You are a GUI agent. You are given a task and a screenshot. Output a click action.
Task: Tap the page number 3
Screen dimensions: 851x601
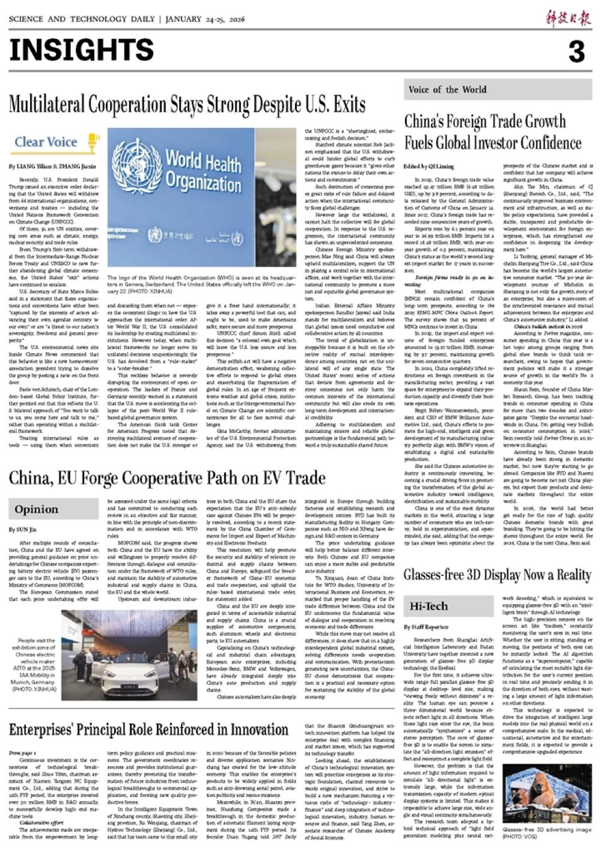pos(576,52)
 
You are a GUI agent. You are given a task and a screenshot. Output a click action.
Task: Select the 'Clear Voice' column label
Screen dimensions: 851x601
pos(46,142)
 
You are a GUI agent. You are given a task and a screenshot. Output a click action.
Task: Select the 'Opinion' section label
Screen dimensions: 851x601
pos(37,509)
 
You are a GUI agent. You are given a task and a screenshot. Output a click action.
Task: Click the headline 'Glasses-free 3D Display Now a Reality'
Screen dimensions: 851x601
pos(497,575)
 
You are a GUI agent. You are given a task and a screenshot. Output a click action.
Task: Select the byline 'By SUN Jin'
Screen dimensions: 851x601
pos(23,530)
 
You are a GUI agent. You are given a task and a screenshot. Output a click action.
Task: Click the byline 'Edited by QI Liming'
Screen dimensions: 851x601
pos(429,166)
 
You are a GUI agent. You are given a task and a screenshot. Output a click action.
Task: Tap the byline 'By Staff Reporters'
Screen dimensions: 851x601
pos(426,627)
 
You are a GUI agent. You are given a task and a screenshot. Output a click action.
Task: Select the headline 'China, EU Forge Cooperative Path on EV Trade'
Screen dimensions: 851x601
pos(167,478)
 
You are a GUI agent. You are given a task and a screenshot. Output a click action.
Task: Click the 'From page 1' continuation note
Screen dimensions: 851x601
pos(22,753)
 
